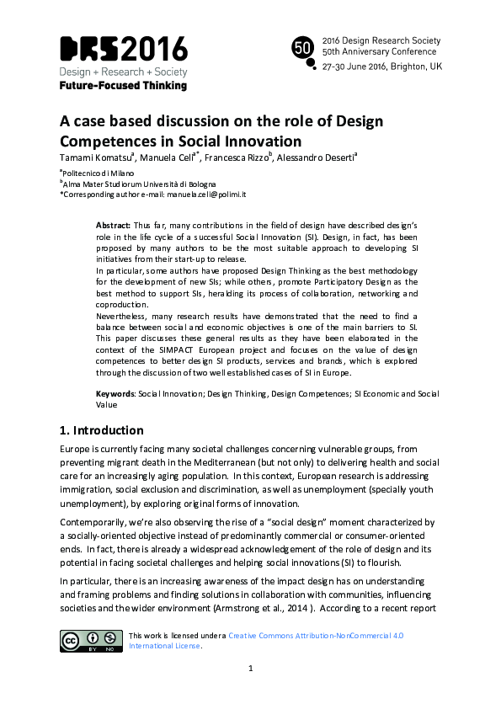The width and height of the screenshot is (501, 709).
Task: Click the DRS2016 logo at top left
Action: click(123, 49)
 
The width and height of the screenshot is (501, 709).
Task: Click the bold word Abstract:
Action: click(113, 227)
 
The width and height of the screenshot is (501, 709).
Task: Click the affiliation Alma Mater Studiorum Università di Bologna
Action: click(140, 183)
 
